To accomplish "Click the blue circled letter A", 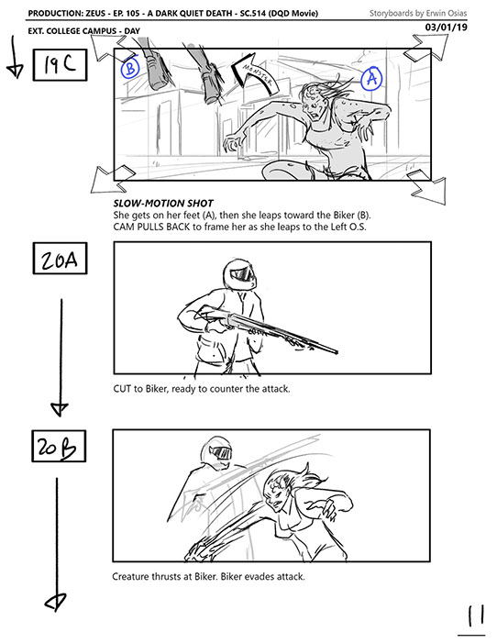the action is click(371, 78).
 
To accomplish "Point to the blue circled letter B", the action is click(130, 68).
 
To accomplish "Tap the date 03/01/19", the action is click(447, 28).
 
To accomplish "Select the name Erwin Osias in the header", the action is click(447, 13).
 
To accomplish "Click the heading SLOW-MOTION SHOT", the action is click(163, 204).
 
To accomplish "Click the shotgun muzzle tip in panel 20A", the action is click(336, 352).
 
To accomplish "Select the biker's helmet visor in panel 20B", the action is click(221, 453).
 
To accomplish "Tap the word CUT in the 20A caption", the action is click(122, 388).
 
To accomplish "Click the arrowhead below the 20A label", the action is click(60, 409).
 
